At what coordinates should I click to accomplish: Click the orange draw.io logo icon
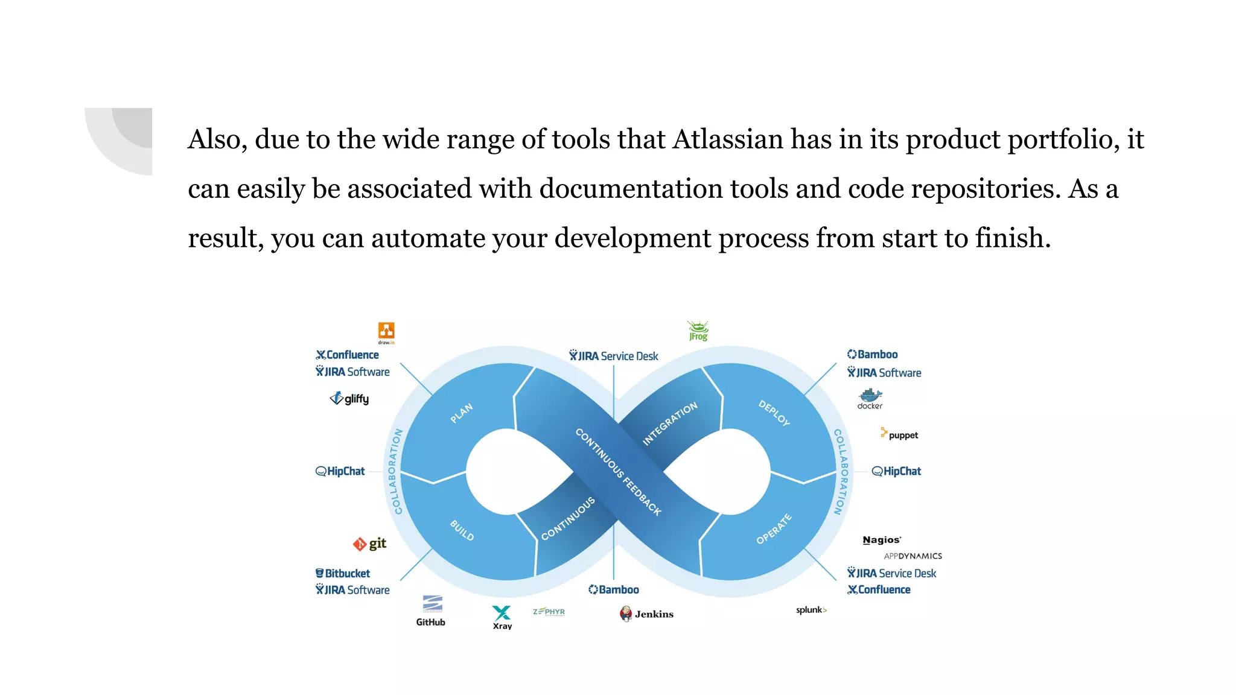pyautogui.click(x=386, y=331)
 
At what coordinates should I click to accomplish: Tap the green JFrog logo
pyautogui.click(x=698, y=331)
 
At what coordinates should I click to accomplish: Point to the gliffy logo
pyautogui.click(x=349, y=399)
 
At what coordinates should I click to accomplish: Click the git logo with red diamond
pyautogui.click(x=369, y=544)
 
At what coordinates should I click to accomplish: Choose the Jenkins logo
pyautogui.click(x=646, y=614)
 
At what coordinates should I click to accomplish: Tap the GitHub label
pyautogui.click(x=431, y=622)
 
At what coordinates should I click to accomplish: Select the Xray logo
pyautogui.click(x=502, y=617)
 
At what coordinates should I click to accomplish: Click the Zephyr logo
pyautogui.click(x=549, y=612)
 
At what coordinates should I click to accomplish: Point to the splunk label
pyautogui.click(x=811, y=610)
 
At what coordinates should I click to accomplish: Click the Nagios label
pyautogui.click(x=882, y=540)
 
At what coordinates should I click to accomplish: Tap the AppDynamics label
pyautogui.click(x=913, y=556)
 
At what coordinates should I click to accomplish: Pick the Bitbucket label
pyautogui.click(x=343, y=573)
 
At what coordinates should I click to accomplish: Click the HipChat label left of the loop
pyautogui.click(x=340, y=471)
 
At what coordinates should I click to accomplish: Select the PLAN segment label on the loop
pyautogui.click(x=462, y=413)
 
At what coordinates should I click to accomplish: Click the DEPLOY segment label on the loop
pyautogui.click(x=774, y=413)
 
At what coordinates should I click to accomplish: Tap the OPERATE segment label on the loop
pyautogui.click(x=774, y=529)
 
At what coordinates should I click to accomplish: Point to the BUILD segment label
pyautogui.click(x=462, y=530)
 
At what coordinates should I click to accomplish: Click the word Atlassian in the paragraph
pyautogui.click(x=728, y=139)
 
